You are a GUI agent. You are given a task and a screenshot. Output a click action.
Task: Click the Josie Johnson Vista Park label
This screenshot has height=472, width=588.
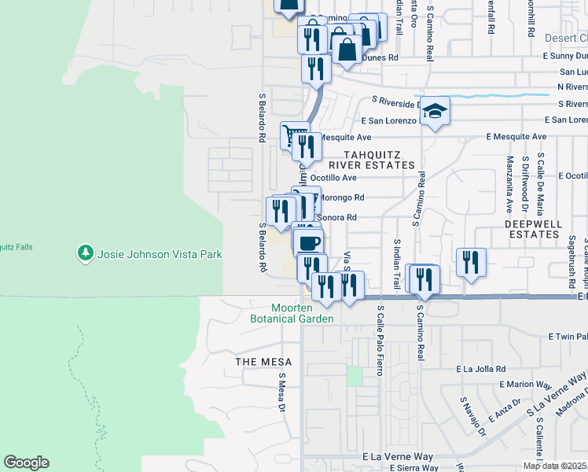[x=160, y=254]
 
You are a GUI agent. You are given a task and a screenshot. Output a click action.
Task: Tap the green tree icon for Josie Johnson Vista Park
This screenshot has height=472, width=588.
[x=85, y=253]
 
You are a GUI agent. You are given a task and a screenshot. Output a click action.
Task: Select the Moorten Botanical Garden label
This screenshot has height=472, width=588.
[x=292, y=313]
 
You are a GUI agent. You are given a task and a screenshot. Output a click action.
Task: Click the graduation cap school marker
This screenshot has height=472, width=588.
[x=435, y=112]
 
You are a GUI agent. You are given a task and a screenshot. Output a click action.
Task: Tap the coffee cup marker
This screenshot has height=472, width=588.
[x=311, y=242]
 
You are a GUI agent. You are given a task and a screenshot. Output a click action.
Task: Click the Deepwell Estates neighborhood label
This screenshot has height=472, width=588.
[x=533, y=229]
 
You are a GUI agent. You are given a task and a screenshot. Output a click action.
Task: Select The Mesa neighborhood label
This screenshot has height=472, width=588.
[x=264, y=362]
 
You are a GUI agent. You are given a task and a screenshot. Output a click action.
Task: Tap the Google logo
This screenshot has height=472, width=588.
[x=26, y=463]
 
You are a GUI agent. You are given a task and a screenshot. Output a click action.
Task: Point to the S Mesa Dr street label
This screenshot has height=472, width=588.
[x=281, y=391]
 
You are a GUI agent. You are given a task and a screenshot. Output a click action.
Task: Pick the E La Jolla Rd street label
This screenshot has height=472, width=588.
[x=485, y=368]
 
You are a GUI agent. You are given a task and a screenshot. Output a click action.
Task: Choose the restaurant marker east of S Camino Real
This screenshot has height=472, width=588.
[x=471, y=262]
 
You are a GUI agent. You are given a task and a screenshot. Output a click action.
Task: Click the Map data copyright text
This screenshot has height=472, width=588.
[x=554, y=466]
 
